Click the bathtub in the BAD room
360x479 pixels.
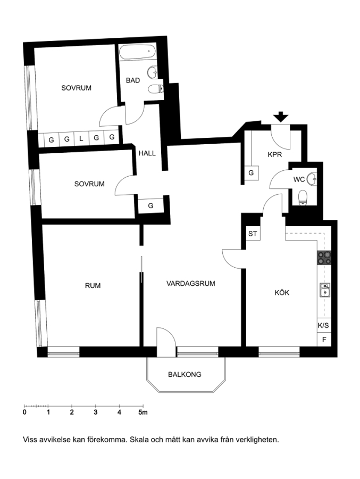(138, 52)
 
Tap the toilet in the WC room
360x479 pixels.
(302, 197)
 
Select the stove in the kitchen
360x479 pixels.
(324, 258)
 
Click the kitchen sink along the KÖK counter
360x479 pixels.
(324, 290)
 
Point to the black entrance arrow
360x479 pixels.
(281, 117)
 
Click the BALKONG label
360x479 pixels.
(185, 374)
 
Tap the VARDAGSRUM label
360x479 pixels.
(191, 284)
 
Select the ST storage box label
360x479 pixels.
(253, 234)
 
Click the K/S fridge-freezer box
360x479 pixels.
(324, 326)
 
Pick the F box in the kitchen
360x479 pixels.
(324, 340)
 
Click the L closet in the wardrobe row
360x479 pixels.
(81, 139)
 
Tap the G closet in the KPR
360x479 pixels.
(252, 173)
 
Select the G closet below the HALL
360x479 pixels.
(150, 206)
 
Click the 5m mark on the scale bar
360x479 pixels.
(143, 412)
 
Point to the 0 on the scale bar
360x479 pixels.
(24, 412)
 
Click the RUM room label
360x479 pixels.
(93, 286)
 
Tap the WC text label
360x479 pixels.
(299, 180)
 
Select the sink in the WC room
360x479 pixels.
(312, 179)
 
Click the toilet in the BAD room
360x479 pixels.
(156, 89)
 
